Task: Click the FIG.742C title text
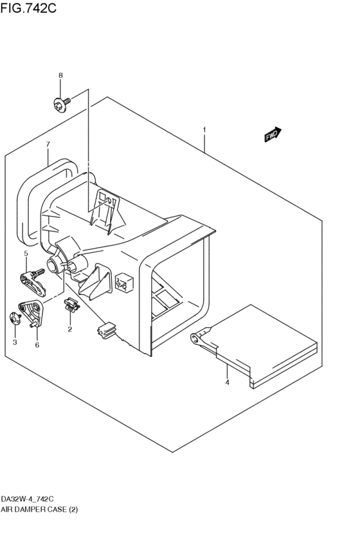28,8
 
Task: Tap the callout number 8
60,75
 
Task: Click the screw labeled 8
62,104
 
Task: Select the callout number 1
204,130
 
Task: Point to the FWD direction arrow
273,134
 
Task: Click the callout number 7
48,144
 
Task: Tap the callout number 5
26,253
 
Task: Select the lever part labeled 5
33,282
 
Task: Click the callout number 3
15,343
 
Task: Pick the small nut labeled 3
15,318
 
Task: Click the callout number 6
37,345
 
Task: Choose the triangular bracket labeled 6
31,313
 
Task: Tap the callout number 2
70,329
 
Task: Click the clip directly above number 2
71,304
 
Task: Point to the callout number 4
227,382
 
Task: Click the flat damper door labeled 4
258,345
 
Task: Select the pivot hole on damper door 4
195,337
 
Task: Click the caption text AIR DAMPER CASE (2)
39,510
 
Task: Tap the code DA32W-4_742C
27,499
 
